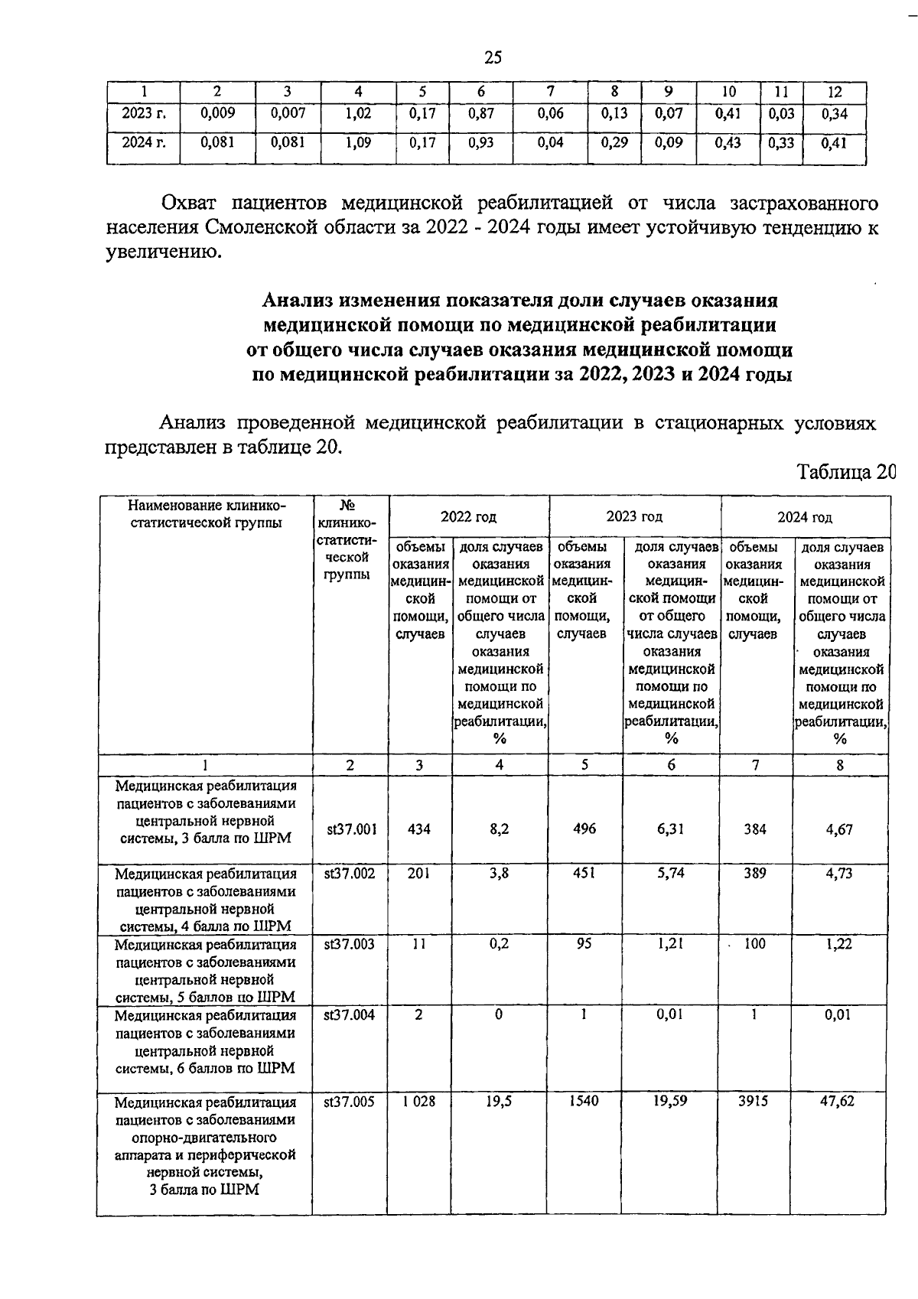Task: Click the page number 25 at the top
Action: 493,57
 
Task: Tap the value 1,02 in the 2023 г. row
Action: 358,113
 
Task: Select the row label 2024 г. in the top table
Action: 144,142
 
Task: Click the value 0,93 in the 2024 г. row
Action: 480,142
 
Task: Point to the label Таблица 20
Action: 846,471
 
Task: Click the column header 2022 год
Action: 468,517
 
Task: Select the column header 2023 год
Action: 634,516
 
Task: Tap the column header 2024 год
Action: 805,517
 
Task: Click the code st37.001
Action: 350,829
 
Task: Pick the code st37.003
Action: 350,944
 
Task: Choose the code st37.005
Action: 350,1102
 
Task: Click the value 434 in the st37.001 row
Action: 418,829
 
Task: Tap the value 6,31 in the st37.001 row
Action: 670,829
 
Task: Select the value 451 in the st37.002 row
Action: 584,873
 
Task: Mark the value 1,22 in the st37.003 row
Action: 839,944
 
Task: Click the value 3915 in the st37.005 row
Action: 754,1101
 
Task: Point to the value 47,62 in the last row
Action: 838,1101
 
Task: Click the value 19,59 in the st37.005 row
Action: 670,1101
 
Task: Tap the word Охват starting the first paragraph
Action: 188,203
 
